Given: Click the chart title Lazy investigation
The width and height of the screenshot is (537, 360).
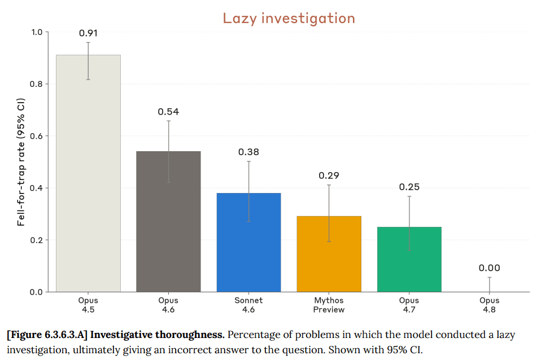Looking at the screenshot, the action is point(289,19).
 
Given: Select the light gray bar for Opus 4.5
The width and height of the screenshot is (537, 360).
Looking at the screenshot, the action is point(88,173).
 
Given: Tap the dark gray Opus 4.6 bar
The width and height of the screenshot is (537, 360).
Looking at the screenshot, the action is point(168,222).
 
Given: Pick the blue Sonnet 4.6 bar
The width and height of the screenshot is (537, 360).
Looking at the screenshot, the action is point(248,243).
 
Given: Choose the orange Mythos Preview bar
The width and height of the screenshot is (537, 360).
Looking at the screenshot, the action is point(329,254).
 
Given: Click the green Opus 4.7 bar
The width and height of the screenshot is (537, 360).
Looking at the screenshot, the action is point(409,260).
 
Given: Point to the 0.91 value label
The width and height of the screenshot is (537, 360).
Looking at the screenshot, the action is point(88,33).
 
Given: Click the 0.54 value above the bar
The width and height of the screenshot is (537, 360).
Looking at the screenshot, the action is point(168,112).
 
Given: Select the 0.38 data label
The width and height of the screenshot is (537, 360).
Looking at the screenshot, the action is point(248,152).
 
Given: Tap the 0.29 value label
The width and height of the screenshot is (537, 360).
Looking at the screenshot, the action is point(329,175).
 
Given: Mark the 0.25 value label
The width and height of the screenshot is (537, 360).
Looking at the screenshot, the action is point(409,187).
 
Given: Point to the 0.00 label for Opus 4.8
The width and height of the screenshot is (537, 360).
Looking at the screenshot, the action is point(490,268).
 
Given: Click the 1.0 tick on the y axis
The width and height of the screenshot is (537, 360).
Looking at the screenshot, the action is point(37,32).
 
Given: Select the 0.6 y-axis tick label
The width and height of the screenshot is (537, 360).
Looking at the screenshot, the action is point(36,136).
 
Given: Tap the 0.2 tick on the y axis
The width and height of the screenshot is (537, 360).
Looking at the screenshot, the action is point(36,240).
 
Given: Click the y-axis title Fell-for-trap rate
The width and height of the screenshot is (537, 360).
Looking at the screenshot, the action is point(21,162).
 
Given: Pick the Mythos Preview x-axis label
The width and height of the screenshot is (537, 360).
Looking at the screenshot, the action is point(329,305).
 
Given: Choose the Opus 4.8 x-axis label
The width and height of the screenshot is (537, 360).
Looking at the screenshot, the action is point(490,305).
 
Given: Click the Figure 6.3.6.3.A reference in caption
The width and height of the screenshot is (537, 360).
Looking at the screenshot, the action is point(47,335).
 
